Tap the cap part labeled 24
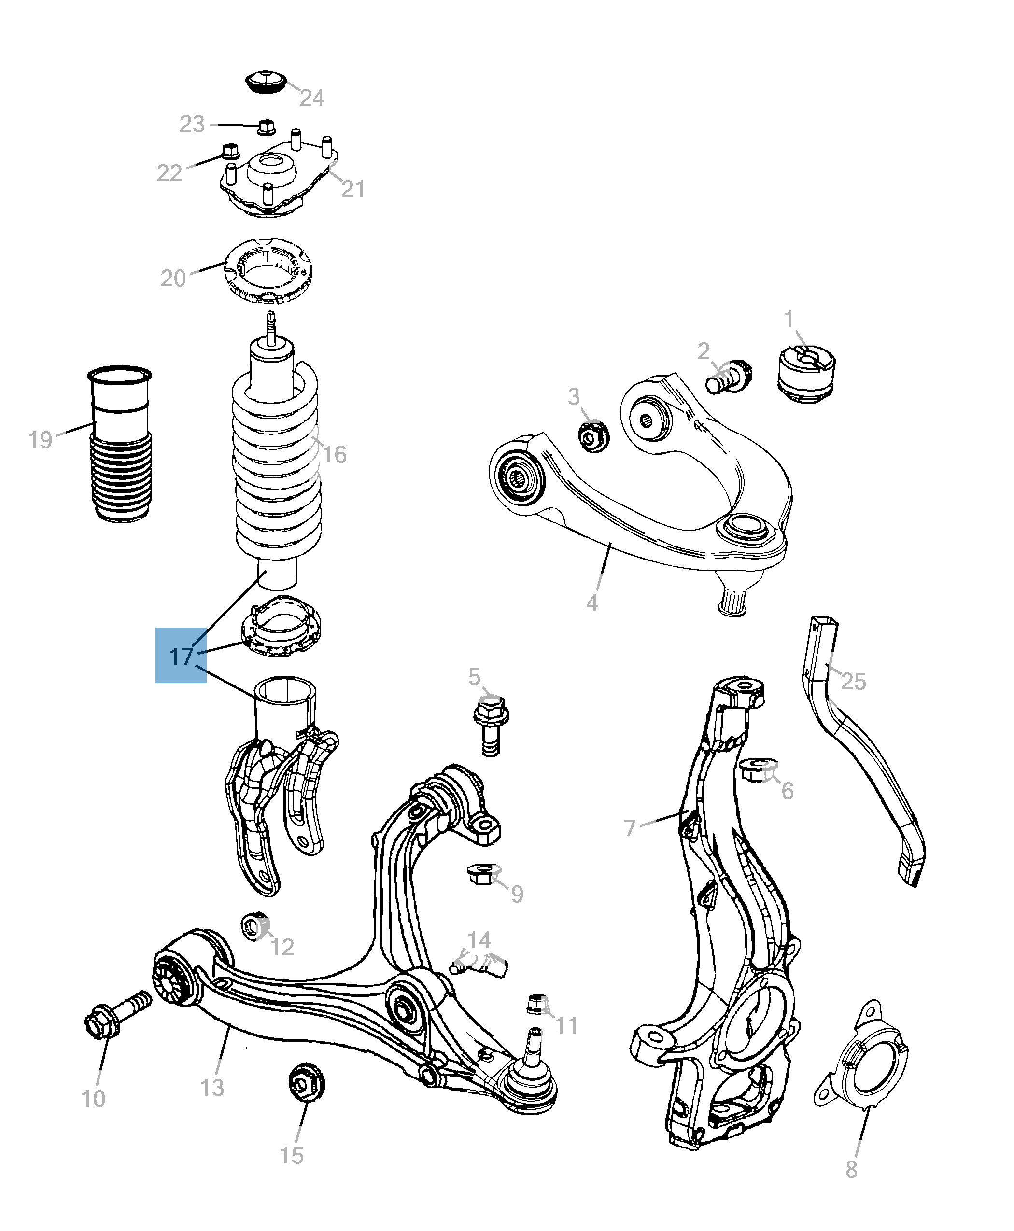point(265,82)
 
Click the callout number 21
point(353,189)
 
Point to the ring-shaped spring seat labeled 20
point(268,271)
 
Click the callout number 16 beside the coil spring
point(334,454)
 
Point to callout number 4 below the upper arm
point(591,602)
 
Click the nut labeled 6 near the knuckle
point(758,771)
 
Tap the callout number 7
point(630,827)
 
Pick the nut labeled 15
point(306,1083)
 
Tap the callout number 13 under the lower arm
point(211,1087)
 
